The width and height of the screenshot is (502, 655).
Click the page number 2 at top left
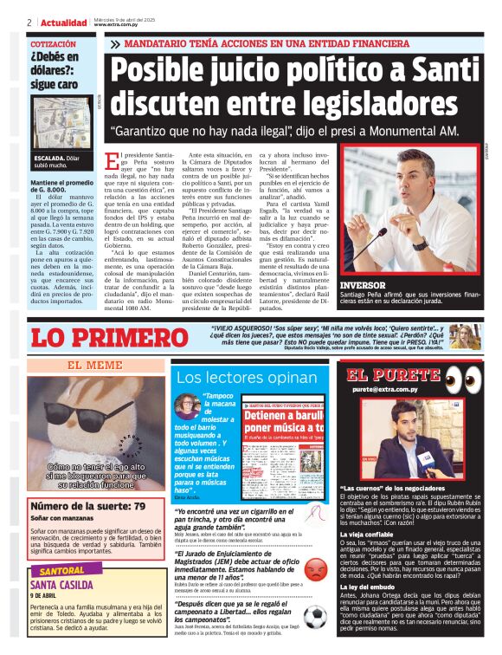(29, 22)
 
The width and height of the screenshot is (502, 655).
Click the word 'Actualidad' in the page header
(64, 22)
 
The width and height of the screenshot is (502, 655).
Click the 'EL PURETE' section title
(393, 375)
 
